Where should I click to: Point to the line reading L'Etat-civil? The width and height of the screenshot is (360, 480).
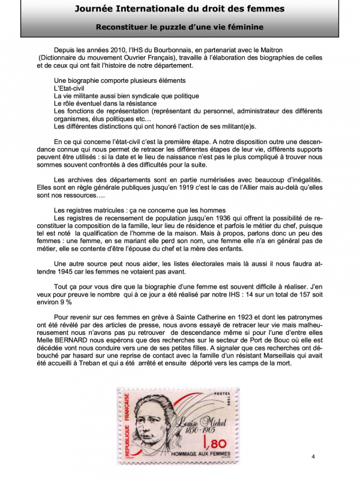point(70,88)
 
